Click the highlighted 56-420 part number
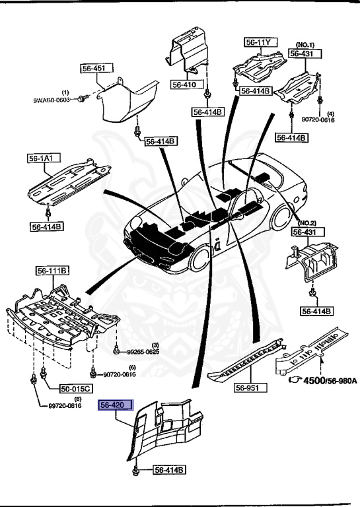(x=116, y=405)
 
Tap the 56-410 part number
(x=184, y=84)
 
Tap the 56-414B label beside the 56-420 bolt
(x=170, y=470)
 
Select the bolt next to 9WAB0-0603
(x=81, y=98)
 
